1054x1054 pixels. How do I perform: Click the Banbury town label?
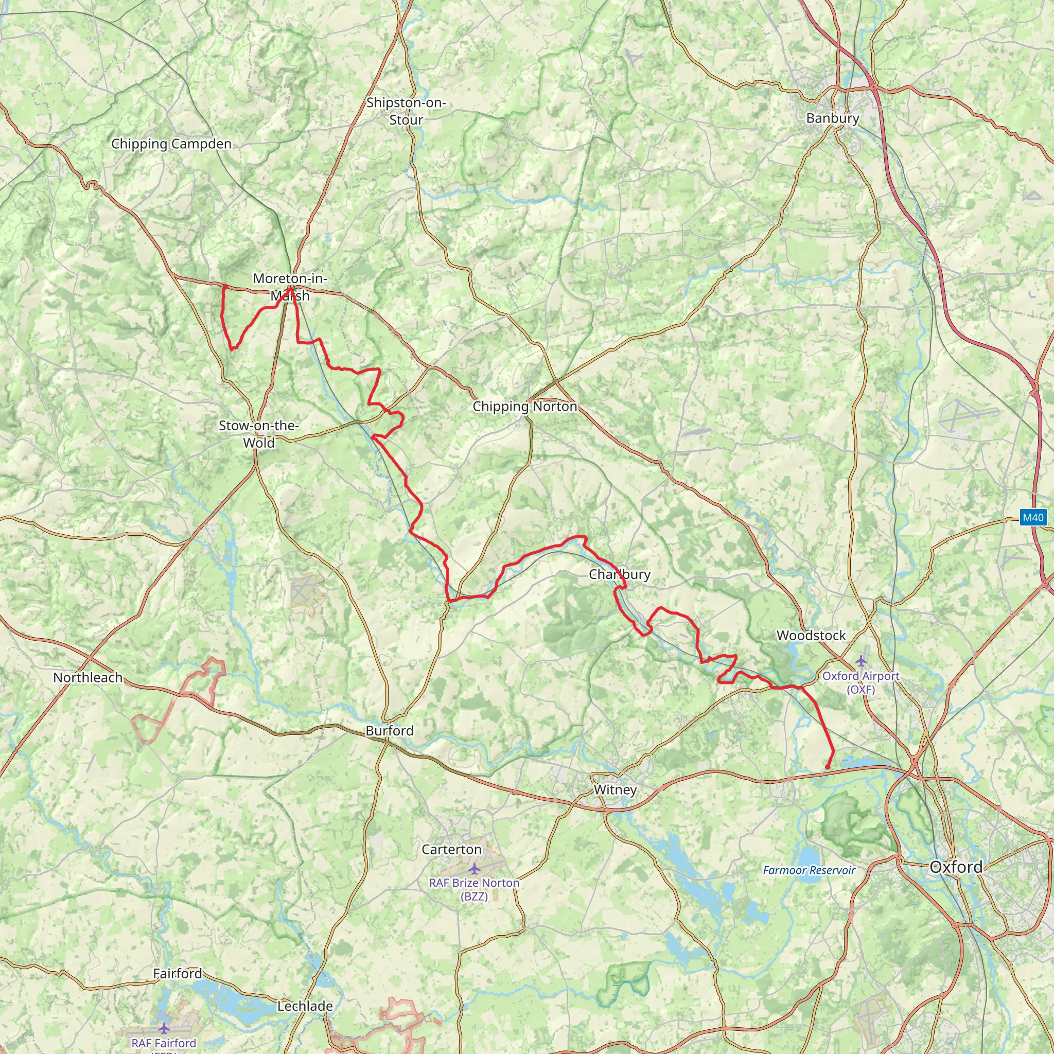click(833, 118)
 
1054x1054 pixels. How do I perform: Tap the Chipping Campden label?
click(171, 144)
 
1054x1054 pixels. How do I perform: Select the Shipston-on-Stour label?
click(406, 111)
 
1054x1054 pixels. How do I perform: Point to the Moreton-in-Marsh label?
click(290, 287)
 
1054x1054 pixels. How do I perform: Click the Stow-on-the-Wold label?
click(258, 434)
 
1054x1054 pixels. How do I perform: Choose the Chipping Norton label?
click(525, 407)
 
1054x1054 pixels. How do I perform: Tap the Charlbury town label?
click(619, 574)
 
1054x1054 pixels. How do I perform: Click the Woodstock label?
click(811, 636)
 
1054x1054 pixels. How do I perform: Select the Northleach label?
click(88, 678)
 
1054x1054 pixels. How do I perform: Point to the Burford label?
click(390, 730)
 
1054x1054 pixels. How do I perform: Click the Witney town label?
click(615, 790)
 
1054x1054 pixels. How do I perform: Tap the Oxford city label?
click(956, 867)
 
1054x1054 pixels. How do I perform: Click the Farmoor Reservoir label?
click(809, 870)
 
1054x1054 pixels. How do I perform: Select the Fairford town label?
click(178, 974)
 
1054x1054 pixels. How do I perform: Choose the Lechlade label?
click(305, 1006)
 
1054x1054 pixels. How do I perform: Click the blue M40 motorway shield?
click(1033, 518)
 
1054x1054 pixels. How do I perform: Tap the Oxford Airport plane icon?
click(861, 661)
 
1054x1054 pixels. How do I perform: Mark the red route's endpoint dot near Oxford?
click(828, 767)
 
